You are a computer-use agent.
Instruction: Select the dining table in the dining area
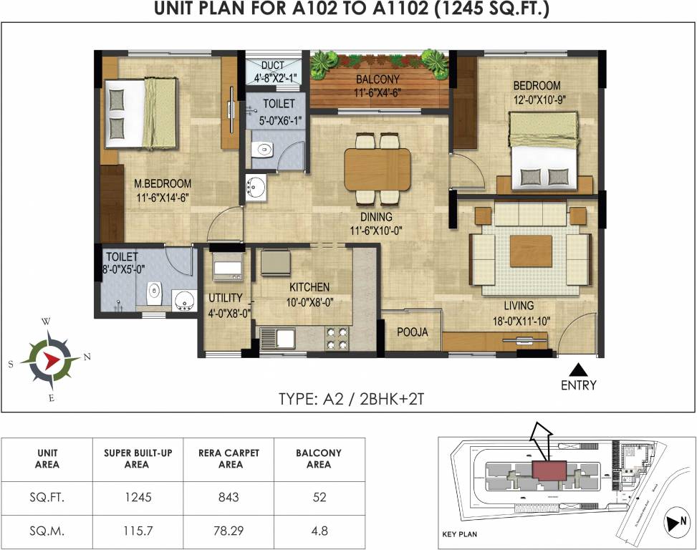[378, 169]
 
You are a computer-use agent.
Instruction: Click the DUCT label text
[273, 66]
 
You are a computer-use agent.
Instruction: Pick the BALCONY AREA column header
[319, 458]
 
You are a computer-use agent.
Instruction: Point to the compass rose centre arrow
[50, 359]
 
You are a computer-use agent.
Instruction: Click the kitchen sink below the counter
[277, 337]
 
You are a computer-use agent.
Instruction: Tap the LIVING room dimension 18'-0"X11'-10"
[521, 322]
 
